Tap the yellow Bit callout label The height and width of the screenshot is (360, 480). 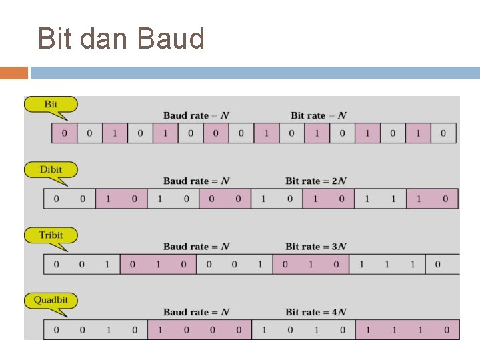51,105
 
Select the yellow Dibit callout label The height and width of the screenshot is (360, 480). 51,170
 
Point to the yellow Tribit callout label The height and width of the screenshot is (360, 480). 51,235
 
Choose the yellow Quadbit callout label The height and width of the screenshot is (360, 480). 51,301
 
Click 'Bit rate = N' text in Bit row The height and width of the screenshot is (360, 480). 319,115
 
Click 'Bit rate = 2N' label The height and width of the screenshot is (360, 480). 316,181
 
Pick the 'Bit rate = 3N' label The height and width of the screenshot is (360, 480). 316,246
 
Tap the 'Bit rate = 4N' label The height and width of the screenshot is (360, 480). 316,311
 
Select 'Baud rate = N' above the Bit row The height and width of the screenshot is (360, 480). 196,115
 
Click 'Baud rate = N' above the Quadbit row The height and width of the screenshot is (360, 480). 196,311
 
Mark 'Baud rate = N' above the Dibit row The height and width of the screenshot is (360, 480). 196,181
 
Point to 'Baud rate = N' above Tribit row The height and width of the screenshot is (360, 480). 196,246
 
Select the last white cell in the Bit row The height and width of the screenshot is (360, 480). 443,133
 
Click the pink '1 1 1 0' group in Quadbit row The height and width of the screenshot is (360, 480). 407,329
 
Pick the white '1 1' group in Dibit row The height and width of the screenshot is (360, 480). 380,199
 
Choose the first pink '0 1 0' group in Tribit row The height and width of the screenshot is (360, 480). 158,264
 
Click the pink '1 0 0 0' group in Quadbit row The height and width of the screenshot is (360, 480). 199,329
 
